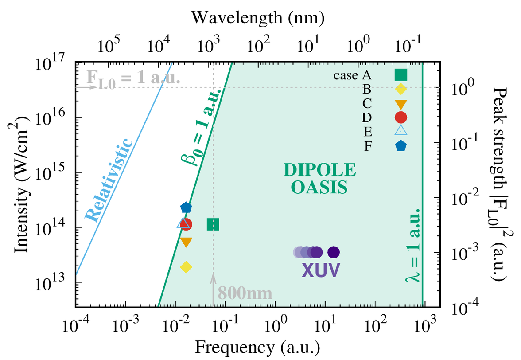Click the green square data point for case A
(x=213, y=224)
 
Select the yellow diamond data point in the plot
(x=186, y=267)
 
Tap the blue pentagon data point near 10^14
(x=186, y=207)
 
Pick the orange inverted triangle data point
(x=186, y=242)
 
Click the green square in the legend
(x=401, y=75)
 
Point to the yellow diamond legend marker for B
(x=401, y=89)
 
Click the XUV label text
(x=321, y=270)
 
